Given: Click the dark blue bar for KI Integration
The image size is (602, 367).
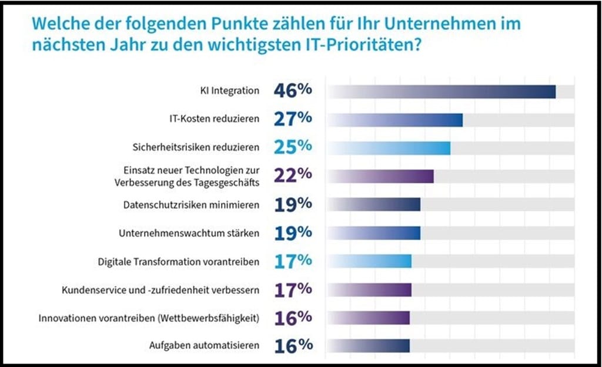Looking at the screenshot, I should [441, 92].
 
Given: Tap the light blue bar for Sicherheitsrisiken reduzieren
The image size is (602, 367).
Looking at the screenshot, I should [389, 148].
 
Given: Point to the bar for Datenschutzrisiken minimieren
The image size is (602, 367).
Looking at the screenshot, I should [374, 204].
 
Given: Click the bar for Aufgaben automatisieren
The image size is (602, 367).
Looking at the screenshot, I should [368, 346].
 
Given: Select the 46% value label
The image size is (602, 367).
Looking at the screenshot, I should [292, 91].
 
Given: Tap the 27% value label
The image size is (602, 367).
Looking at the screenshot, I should [292, 119].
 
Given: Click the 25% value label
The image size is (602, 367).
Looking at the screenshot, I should [292, 147].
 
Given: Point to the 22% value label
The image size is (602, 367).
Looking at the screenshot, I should [292, 176].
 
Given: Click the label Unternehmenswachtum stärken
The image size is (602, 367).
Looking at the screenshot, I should [189, 233].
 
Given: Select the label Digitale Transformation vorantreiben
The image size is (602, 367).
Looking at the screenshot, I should [178, 262].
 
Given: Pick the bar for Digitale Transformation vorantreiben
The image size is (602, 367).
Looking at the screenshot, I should [369, 261].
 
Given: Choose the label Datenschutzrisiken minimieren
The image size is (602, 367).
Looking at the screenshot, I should [191, 205].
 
